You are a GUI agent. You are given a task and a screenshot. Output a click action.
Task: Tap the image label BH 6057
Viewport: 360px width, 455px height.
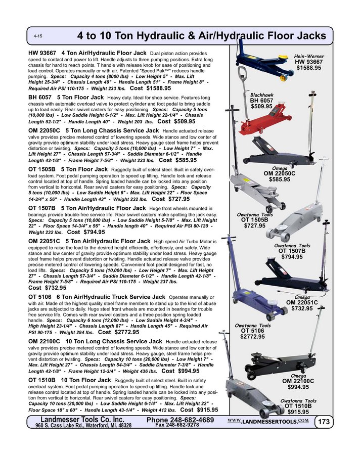pos(261,100)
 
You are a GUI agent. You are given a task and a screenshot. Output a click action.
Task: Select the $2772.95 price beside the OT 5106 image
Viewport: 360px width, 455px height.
pos(253,337)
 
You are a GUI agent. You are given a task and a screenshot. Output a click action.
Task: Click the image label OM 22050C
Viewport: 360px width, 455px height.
pos(280,173)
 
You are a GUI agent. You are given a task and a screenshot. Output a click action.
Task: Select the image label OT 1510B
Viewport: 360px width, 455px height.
pos(298,406)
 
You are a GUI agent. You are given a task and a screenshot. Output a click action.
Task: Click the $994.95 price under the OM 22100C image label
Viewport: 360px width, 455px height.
pos(298,387)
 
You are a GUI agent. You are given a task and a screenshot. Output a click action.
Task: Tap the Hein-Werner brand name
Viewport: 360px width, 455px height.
pos(309,56)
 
